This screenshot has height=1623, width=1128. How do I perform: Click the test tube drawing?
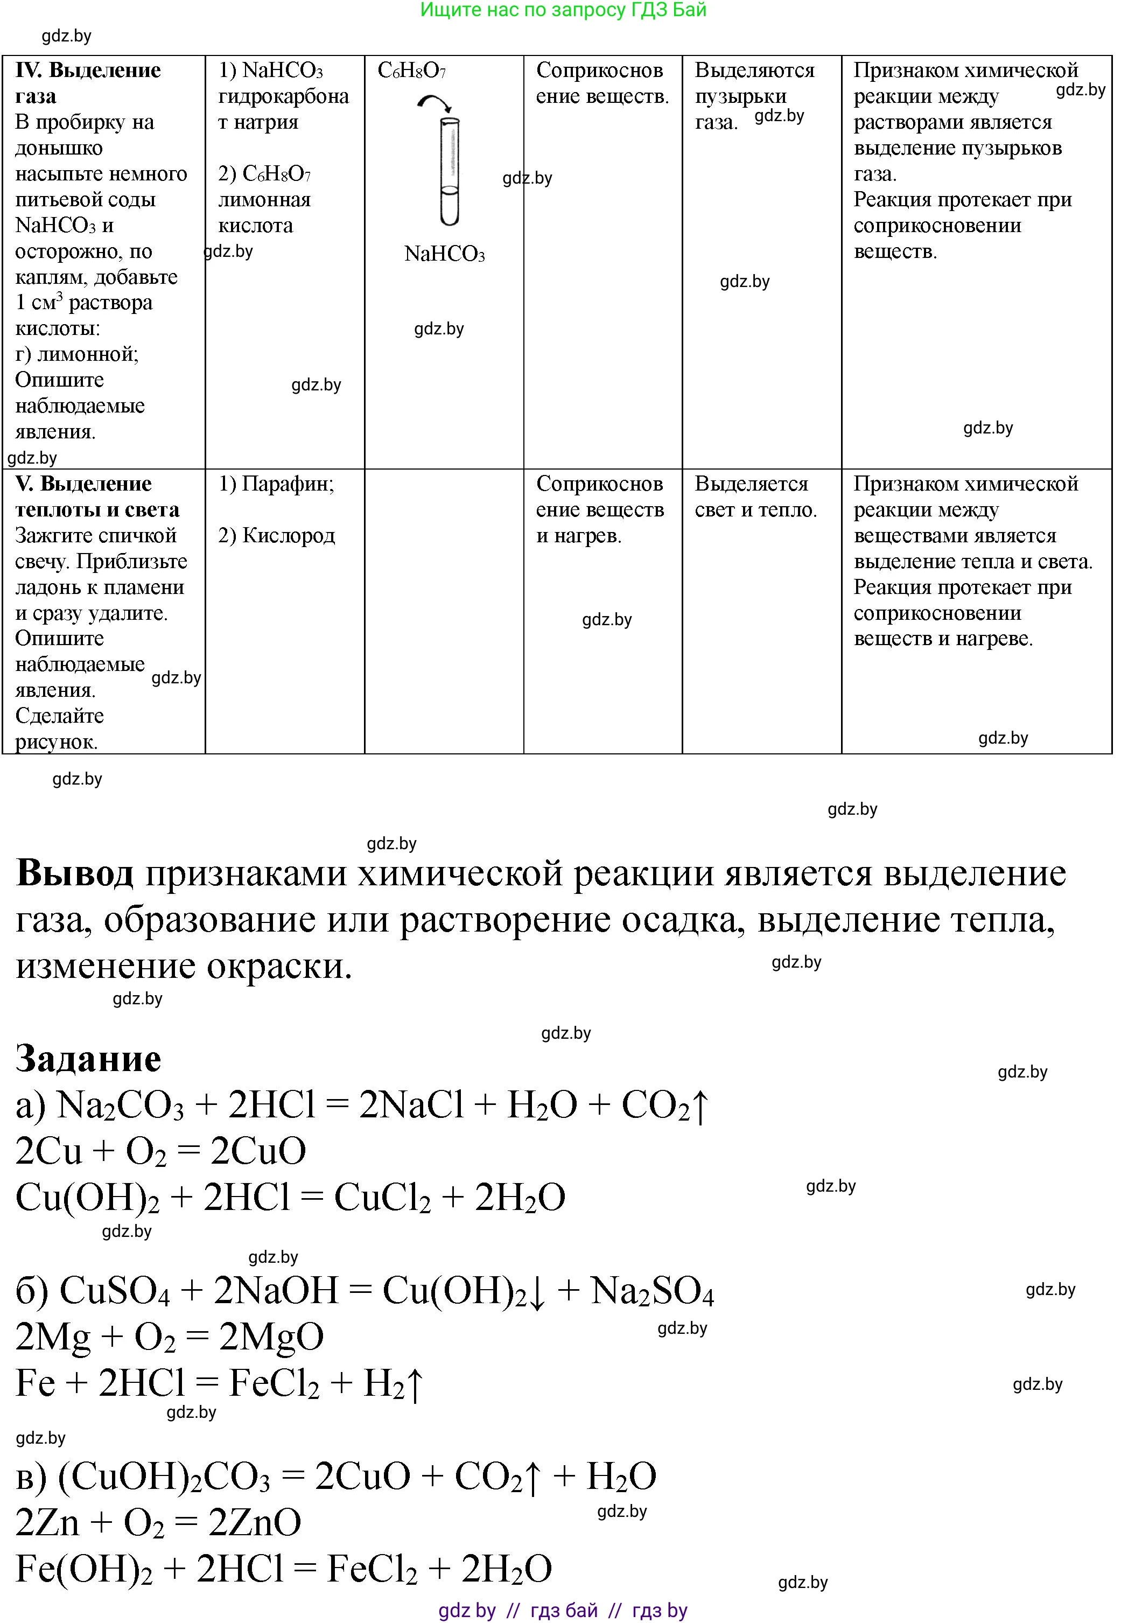click(x=450, y=172)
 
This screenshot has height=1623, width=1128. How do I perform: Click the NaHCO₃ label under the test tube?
click(x=445, y=255)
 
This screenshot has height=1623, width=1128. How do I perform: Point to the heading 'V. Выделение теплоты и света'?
click(x=97, y=496)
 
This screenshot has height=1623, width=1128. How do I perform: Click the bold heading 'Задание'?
click(x=88, y=1059)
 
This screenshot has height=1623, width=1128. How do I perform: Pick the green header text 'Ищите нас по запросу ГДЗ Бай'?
click(x=563, y=10)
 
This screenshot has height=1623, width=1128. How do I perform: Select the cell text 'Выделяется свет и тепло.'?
click(x=755, y=496)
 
